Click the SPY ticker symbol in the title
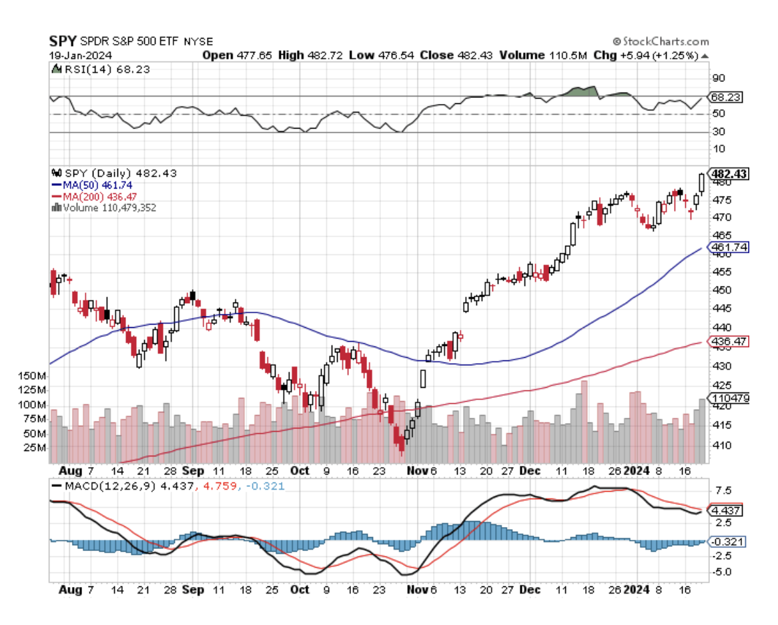coord(62,41)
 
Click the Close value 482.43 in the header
coord(474,55)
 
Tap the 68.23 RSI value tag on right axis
coord(727,97)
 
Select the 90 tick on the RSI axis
coord(719,78)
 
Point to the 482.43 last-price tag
coord(729,174)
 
